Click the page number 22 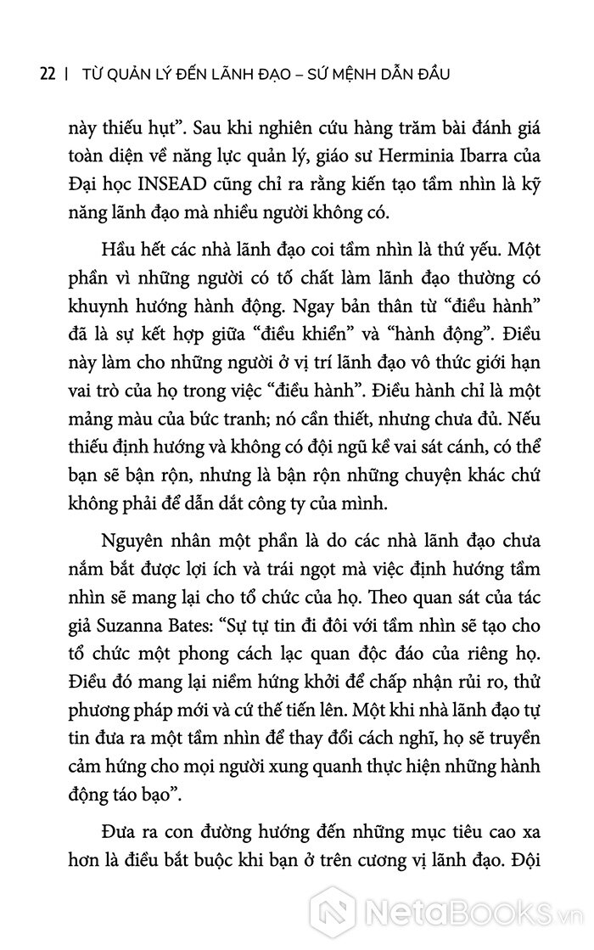48,74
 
